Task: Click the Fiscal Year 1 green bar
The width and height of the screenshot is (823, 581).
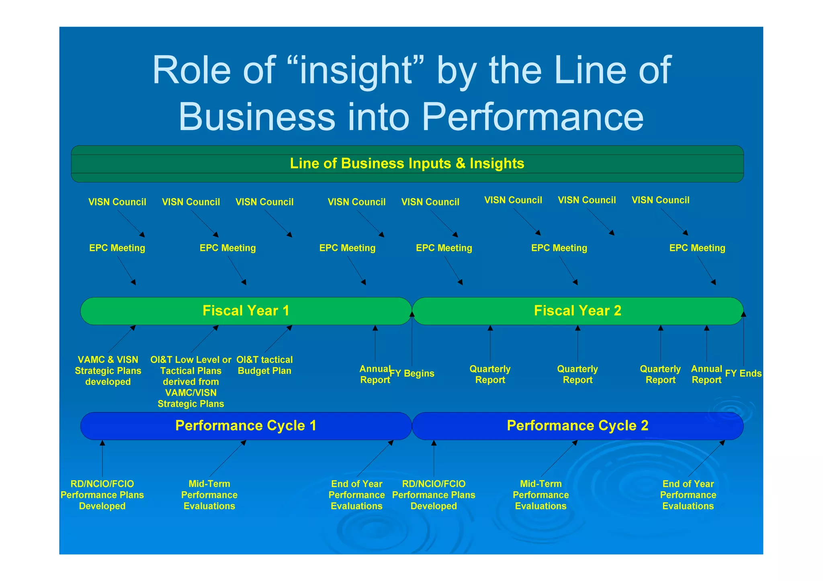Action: point(246,311)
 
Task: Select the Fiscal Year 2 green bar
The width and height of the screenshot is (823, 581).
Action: point(577,311)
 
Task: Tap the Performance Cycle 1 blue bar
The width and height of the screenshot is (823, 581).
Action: point(246,426)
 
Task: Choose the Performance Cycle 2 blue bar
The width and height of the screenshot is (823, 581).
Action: point(577,426)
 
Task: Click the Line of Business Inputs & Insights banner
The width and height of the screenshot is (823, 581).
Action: point(407,164)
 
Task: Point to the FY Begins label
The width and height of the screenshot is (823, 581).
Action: point(412,373)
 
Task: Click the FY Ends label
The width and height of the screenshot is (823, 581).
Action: point(743,373)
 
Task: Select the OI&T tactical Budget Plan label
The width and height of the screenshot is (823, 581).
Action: point(264,365)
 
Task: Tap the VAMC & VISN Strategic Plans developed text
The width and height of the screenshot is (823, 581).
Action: point(108,371)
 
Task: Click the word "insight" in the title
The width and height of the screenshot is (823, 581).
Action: point(356,70)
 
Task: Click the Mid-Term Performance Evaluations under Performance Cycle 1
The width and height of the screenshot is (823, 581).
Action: point(209,495)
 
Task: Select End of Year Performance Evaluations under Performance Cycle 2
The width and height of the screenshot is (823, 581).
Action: point(688,495)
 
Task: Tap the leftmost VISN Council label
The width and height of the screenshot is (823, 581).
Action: point(117,202)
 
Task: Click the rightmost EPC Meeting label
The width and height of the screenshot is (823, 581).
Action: point(697,248)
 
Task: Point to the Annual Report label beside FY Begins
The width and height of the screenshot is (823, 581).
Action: point(375,374)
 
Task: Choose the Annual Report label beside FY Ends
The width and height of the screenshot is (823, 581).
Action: point(706,374)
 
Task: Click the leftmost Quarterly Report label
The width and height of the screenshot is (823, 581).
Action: point(490,374)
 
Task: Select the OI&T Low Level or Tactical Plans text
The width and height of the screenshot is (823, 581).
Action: point(191,381)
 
